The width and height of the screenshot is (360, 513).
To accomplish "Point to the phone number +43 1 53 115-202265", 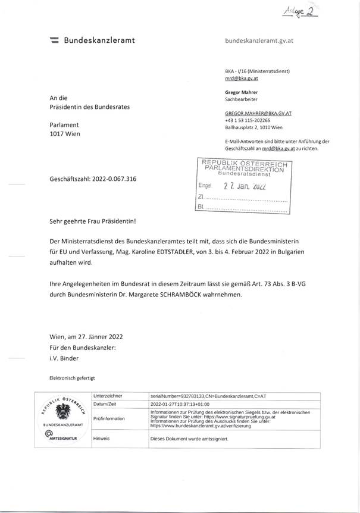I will [249, 120].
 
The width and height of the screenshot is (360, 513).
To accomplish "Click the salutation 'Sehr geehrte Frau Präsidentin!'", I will [93, 221].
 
